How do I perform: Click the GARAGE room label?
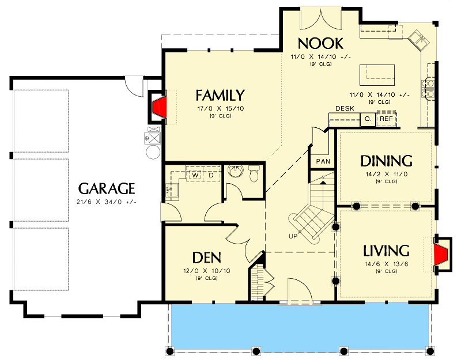(107, 188)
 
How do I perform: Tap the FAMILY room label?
(220, 95)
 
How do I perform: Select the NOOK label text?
(320, 43)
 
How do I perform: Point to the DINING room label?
(386, 161)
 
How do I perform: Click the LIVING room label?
(386, 251)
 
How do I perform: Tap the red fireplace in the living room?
(441, 254)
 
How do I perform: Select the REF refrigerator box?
(386, 119)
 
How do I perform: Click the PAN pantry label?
(323, 161)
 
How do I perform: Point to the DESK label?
(345, 109)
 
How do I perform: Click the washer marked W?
(195, 175)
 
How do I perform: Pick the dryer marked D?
(211, 175)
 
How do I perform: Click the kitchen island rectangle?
(377, 75)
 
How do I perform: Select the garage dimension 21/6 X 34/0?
(107, 202)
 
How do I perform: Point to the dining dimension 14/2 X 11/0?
(386, 173)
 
